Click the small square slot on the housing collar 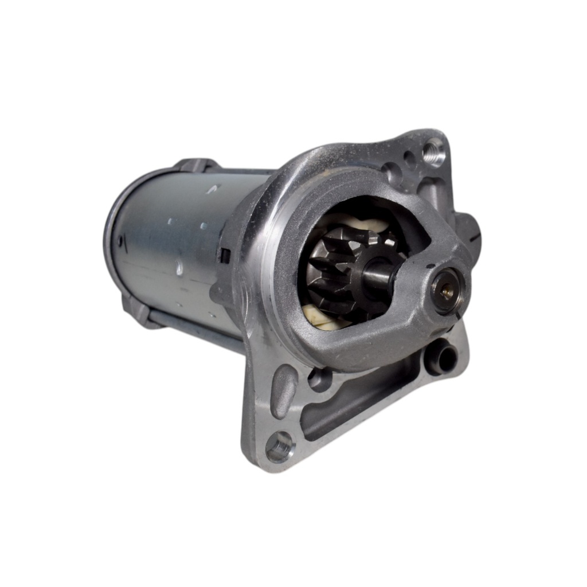pos(225,256)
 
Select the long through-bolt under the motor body pos(195,332)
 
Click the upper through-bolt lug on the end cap pos(195,164)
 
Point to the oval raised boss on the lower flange pos(284,390)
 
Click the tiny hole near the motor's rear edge pos(121,241)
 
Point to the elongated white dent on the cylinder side pos(179,267)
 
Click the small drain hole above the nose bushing pos(429,266)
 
